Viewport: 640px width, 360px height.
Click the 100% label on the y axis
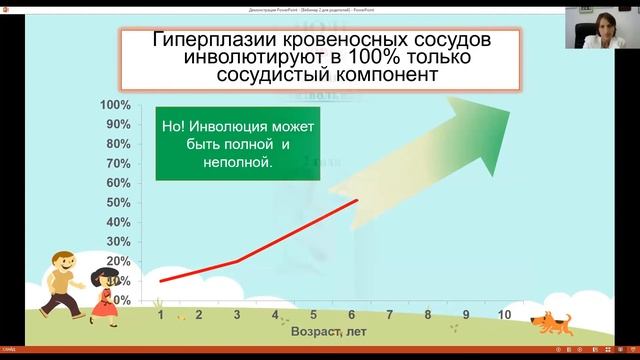[115, 105]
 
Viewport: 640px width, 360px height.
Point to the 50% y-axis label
[118, 202]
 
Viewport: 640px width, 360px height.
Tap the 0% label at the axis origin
[121, 299]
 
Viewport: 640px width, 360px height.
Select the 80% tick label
[118, 144]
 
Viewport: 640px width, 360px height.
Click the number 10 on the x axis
[504, 314]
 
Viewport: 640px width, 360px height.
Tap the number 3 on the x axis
[237, 314]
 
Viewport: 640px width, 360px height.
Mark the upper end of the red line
[357, 201]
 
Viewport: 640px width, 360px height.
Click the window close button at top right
[632, 4]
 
